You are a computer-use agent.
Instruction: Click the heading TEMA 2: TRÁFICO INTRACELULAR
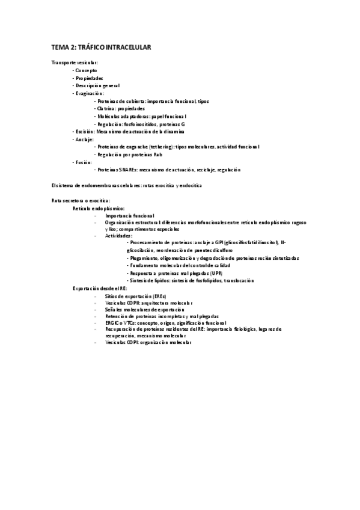100,46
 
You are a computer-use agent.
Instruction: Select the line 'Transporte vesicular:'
75,63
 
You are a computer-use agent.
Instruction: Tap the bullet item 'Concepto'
86,70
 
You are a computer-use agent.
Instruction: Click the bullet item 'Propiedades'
89,78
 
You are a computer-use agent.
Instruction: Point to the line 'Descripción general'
97,85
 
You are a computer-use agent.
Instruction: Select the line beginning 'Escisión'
129,131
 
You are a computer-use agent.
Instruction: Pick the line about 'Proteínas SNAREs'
169,170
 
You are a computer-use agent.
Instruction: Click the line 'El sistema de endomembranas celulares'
127,185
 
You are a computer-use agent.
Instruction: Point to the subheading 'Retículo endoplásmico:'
99,207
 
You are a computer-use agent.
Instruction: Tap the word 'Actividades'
118,236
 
